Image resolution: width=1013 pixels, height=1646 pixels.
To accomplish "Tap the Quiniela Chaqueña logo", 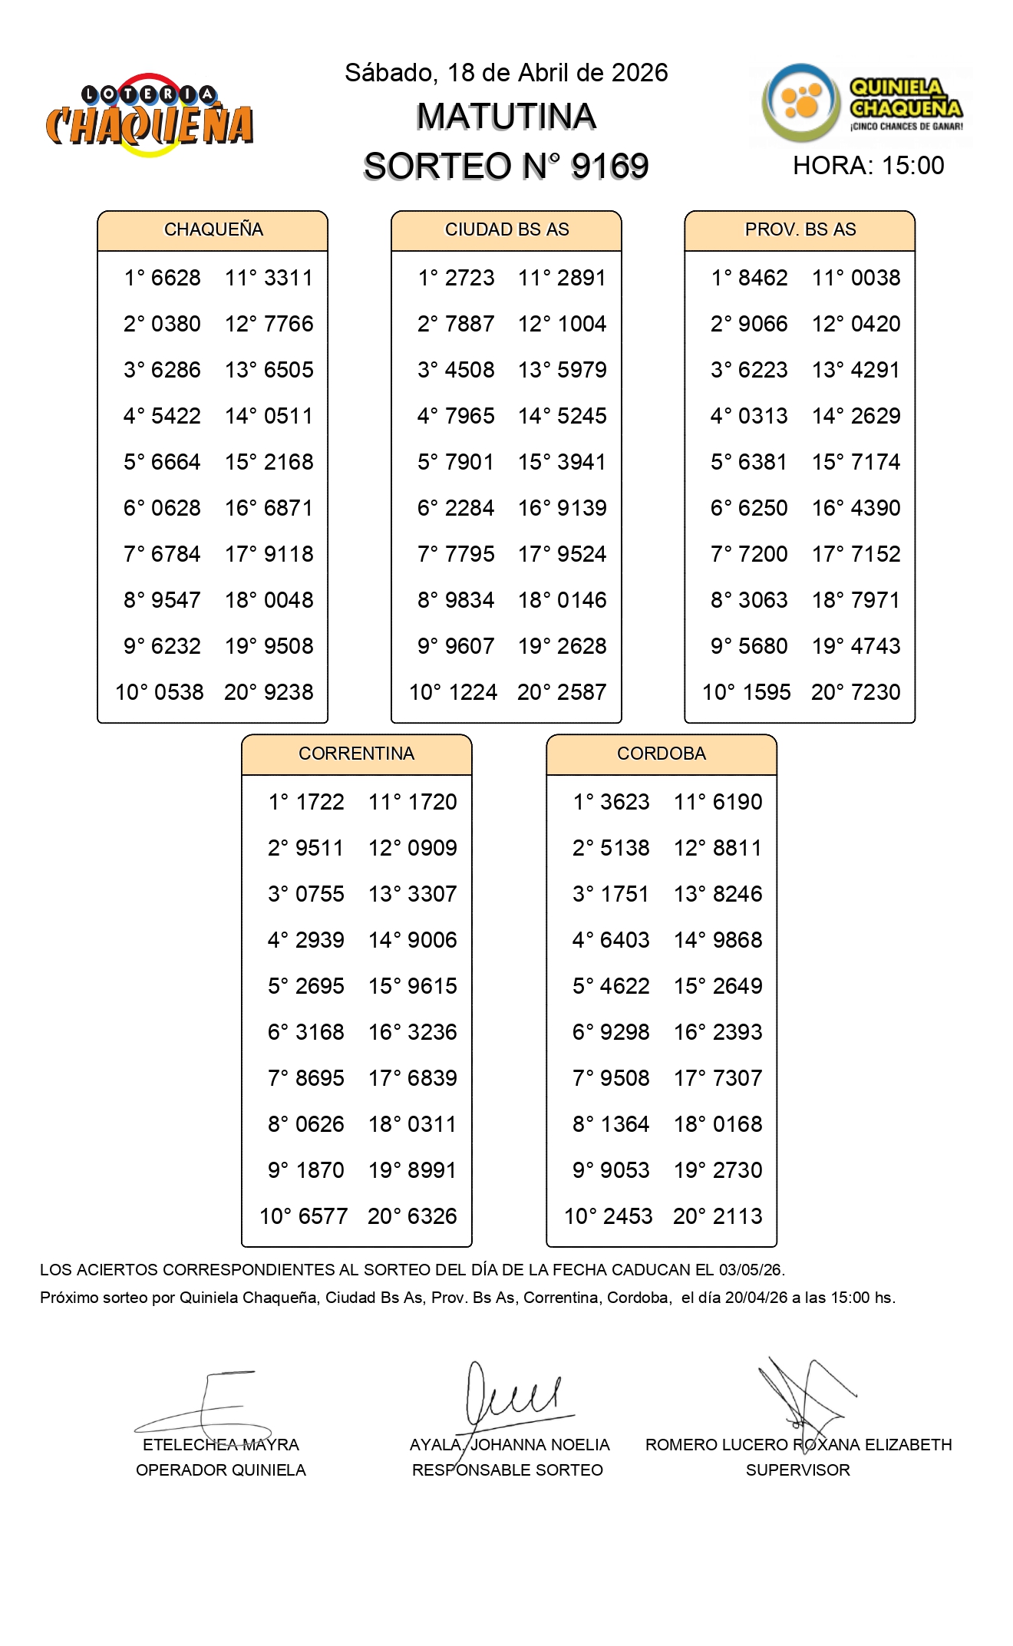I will click(x=862, y=104).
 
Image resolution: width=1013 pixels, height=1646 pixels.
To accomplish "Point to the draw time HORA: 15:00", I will click(x=868, y=166).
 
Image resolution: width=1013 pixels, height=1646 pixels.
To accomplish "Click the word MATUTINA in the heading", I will click(x=506, y=117).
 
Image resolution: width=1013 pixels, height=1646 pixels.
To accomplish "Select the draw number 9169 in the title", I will click(x=609, y=166).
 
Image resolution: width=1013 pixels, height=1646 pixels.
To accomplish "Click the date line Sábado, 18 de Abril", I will click(x=506, y=73).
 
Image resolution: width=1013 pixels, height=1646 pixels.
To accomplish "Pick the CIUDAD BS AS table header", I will click(x=506, y=229).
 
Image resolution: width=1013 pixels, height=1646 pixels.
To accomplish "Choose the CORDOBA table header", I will click(x=661, y=754).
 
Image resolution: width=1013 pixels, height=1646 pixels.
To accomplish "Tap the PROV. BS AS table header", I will click(x=800, y=229).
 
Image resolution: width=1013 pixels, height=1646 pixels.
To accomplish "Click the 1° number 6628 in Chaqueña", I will click(x=176, y=278).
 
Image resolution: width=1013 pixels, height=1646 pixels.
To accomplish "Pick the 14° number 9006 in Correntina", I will click(x=432, y=940).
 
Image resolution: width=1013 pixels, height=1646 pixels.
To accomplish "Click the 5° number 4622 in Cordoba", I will click(x=625, y=986).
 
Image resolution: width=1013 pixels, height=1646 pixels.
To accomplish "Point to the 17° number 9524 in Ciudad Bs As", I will click(x=582, y=554).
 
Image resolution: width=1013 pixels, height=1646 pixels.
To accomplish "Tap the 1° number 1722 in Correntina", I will click(x=320, y=802).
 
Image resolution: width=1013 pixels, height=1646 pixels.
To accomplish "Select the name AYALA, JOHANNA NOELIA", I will click(x=510, y=1445).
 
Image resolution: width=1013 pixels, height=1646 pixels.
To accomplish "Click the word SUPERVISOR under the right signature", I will click(x=797, y=1470).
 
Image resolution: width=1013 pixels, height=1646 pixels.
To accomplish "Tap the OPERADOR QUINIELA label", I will click(x=221, y=1470).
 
